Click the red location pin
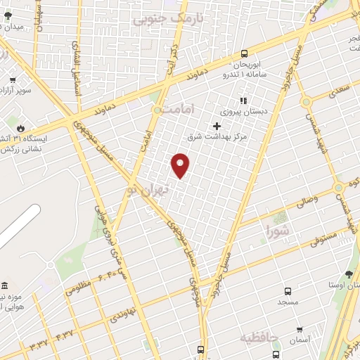click(x=181, y=165)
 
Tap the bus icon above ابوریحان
click(x=244, y=53)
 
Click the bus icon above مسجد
click(x=288, y=291)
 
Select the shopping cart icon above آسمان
click(x=300, y=329)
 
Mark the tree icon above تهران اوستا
click(x=349, y=275)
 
